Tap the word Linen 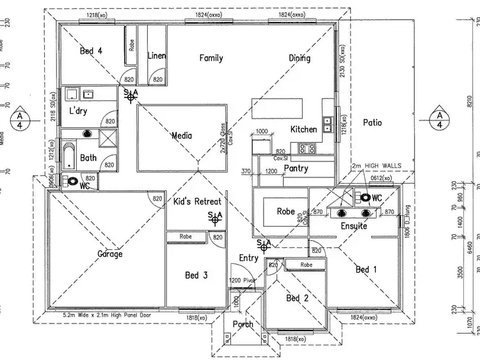pos(157,56)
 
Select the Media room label pos(182,135)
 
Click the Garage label pos(109,254)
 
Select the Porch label pos(243,324)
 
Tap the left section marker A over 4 pos(21,117)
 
